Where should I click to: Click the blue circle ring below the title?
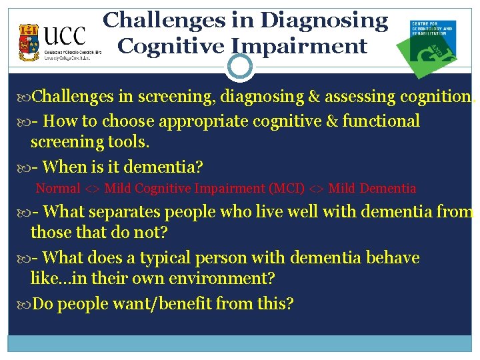(240, 67)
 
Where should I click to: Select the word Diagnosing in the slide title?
(324, 20)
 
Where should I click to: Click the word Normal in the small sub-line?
(58, 189)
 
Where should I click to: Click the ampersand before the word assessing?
(314, 97)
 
